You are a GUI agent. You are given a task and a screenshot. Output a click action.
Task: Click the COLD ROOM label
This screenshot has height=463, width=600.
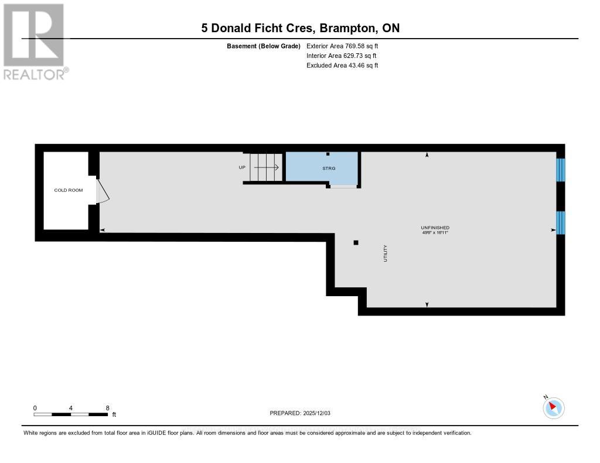69,190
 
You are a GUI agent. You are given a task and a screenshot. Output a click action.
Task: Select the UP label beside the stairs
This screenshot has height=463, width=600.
241,167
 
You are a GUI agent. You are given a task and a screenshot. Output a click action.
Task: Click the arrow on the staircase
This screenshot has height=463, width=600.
267,167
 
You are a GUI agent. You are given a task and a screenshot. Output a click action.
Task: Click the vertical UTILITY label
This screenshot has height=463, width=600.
386,253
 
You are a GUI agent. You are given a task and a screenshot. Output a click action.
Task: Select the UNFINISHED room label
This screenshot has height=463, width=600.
435,227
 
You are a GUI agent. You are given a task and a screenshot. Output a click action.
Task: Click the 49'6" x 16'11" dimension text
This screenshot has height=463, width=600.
435,232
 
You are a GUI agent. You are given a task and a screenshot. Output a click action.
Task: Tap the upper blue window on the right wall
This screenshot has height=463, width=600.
560,170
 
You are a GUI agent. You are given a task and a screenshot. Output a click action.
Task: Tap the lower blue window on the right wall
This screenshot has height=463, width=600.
560,222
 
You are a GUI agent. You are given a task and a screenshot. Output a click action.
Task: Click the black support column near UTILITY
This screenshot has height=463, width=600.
356,242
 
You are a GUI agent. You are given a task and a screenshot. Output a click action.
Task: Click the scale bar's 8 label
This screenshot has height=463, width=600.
108,408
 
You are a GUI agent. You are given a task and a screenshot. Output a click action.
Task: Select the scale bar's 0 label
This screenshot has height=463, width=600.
35,408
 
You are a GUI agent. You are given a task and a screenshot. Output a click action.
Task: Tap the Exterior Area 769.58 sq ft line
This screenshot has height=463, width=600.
345,46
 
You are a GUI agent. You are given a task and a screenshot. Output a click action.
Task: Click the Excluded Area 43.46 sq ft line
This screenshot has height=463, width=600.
342,66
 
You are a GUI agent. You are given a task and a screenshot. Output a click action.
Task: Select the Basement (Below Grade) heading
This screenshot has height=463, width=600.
263,46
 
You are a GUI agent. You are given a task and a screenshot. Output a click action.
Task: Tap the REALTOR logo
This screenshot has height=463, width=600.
35,41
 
